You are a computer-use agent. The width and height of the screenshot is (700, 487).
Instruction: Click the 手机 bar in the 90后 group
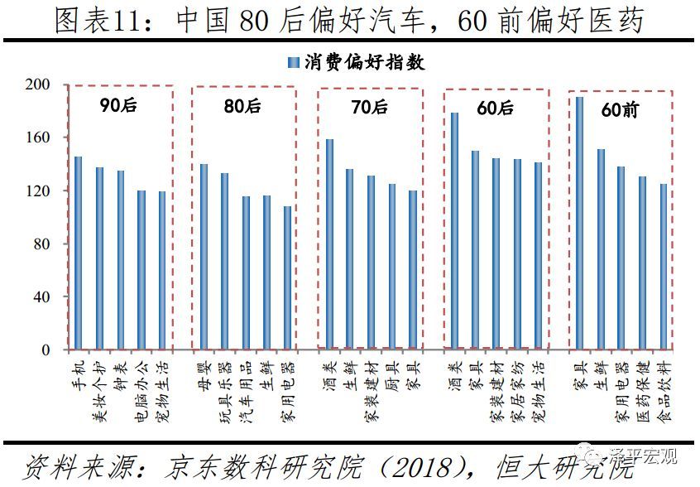[79, 253]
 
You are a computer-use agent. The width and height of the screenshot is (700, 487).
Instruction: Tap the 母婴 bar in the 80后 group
[204, 257]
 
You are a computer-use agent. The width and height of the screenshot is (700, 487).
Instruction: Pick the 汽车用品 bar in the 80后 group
[246, 272]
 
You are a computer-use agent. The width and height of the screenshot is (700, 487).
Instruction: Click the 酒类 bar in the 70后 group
[329, 243]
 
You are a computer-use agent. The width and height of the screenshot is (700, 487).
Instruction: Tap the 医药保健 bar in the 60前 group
[642, 263]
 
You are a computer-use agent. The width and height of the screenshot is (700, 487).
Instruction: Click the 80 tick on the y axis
[43, 244]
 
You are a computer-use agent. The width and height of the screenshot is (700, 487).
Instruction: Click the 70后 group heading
[370, 107]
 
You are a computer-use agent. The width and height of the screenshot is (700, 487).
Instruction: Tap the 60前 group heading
[621, 109]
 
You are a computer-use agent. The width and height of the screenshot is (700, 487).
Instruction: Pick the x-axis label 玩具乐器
[225, 389]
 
